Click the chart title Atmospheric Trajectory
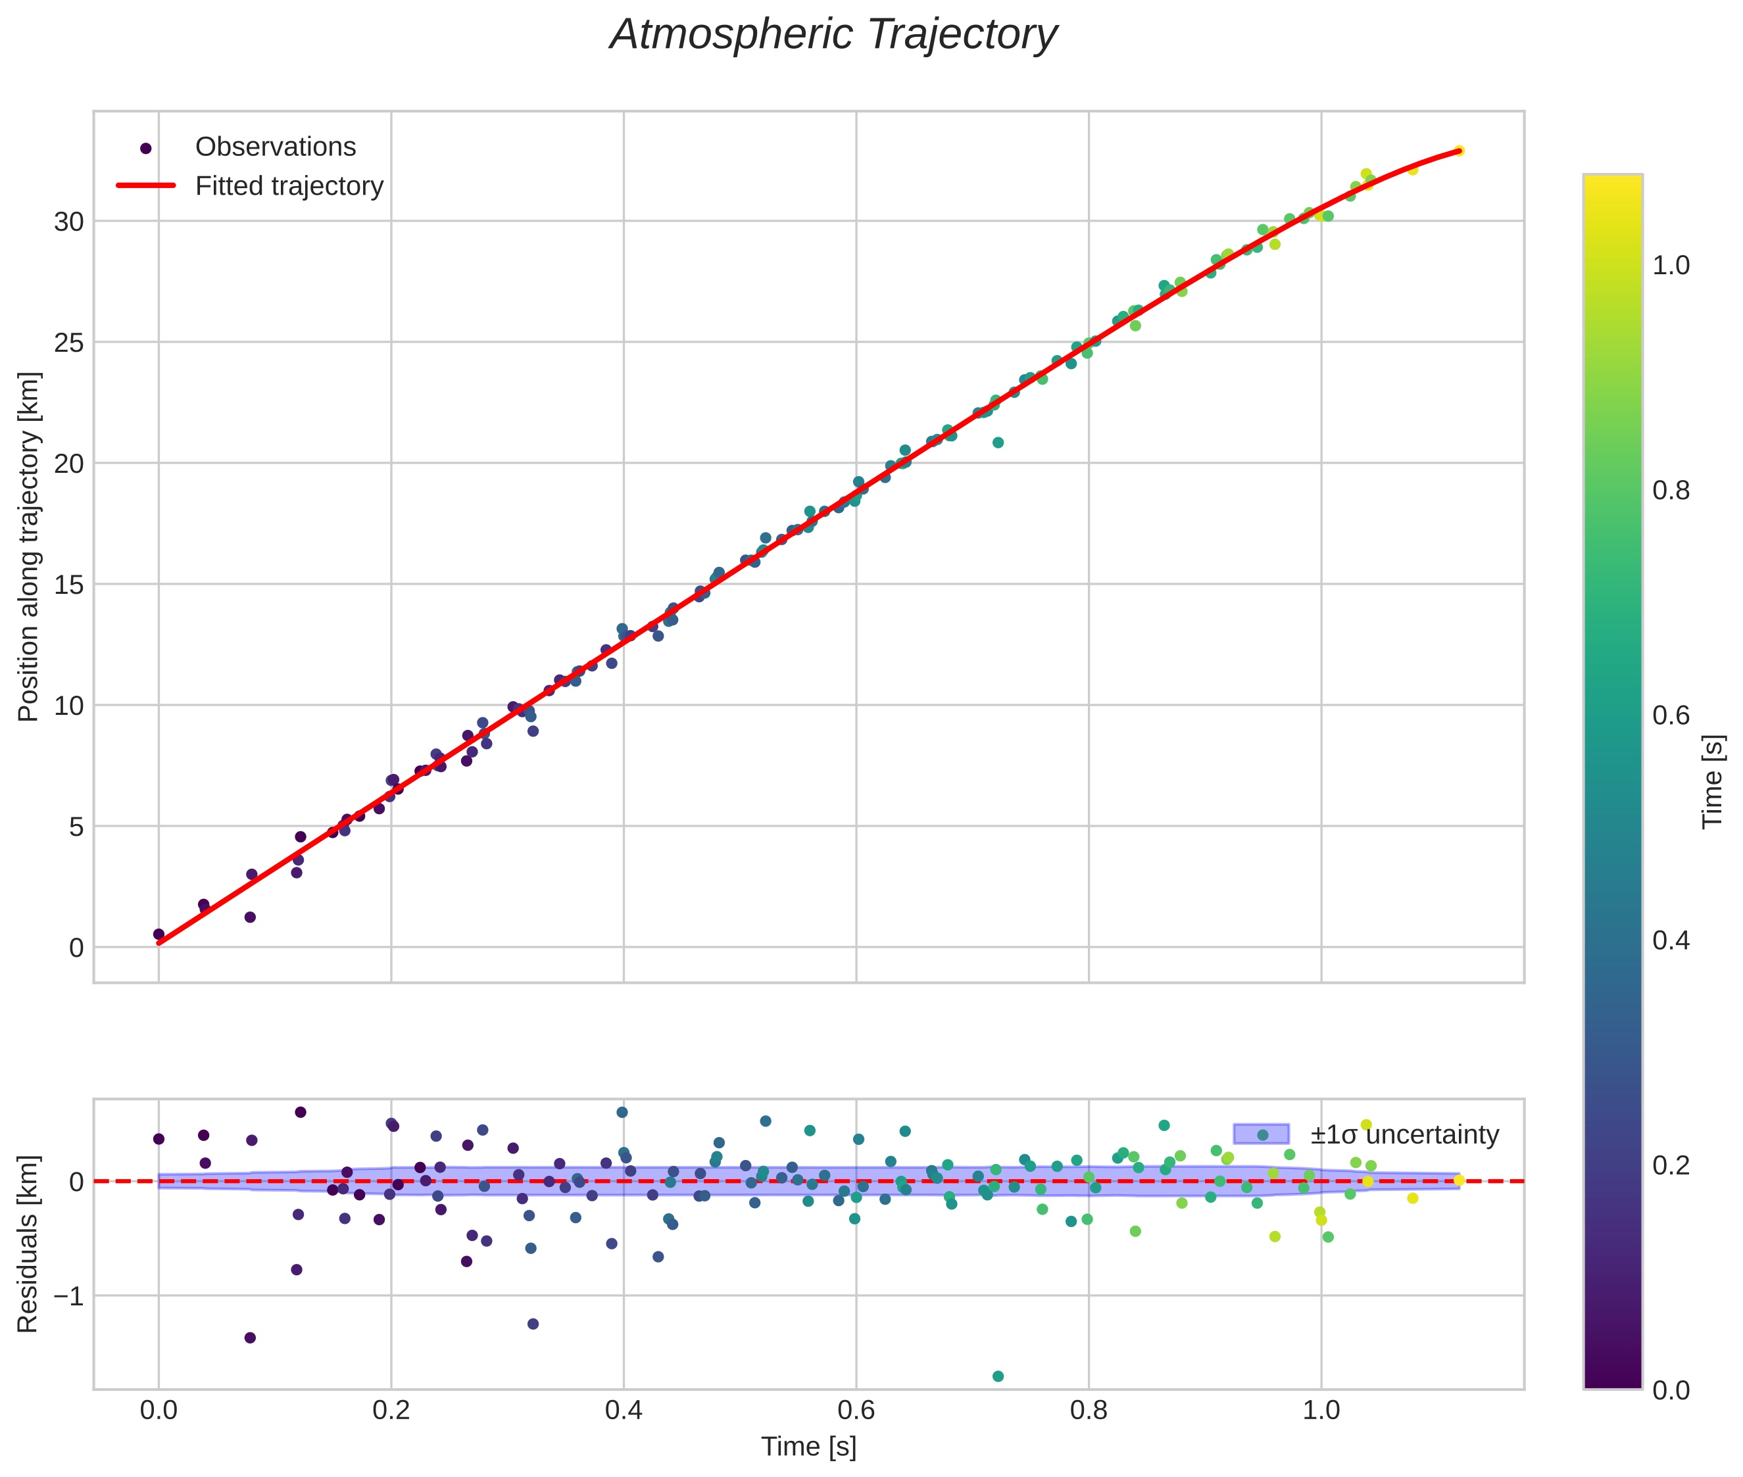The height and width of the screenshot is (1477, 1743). point(833,35)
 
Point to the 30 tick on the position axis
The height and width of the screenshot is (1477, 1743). point(70,222)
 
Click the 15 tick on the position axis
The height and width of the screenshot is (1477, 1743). point(70,585)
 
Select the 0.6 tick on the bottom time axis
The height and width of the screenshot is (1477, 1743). point(856,1410)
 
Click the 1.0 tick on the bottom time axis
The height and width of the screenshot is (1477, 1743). point(1321,1410)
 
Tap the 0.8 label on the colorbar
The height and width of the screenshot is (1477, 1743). point(1671,491)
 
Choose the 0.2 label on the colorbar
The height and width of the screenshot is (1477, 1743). point(1671,1165)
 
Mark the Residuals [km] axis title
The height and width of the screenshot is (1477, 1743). point(28,1244)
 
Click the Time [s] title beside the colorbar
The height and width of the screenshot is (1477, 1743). point(1713,781)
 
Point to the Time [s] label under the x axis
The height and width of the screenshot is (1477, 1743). point(808,1447)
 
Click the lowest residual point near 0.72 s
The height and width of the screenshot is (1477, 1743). point(998,1376)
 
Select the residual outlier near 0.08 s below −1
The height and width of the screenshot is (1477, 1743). point(249,1337)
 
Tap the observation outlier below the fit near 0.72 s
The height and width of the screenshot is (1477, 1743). point(998,442)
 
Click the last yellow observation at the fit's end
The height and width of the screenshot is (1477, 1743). point(1459,151)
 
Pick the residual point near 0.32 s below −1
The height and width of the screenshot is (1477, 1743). point(533,1324)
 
